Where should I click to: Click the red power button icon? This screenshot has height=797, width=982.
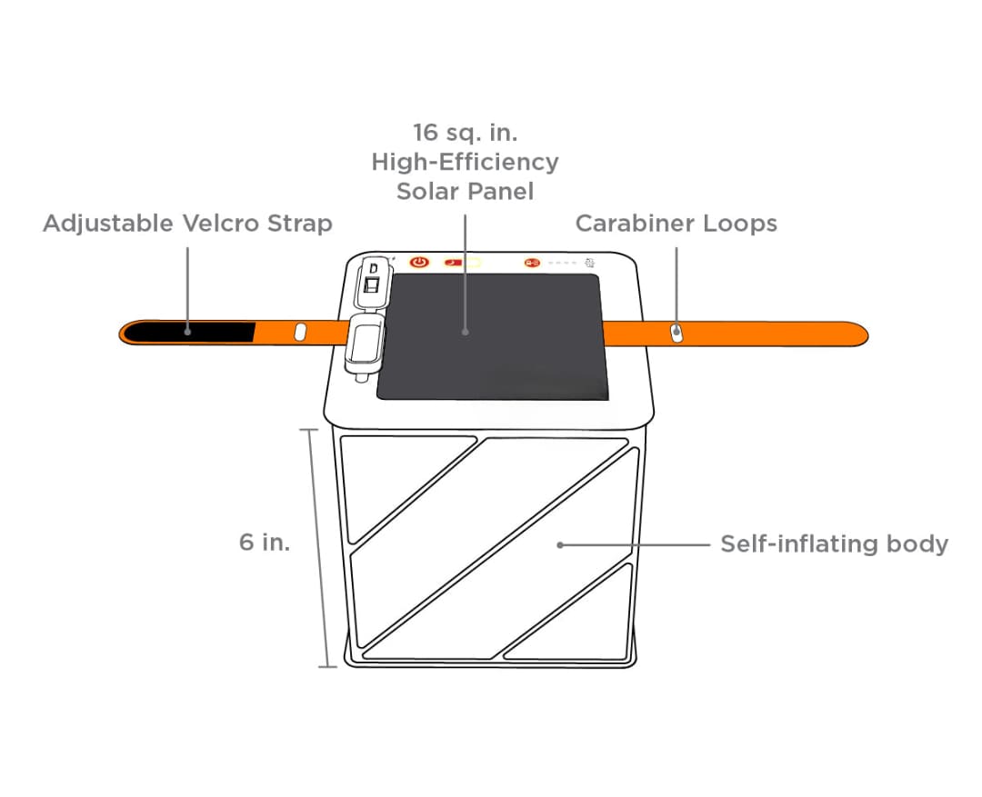pos(419,263)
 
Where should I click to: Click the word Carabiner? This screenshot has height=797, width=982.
pos(635,224)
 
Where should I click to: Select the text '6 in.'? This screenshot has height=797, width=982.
pos(265,543)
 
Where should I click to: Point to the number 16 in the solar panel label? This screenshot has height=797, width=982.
pos(426,133)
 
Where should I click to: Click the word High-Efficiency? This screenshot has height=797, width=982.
pos(465,163)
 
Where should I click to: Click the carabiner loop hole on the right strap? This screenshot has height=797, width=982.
pos(676,333)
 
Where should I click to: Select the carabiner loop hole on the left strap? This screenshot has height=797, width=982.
pos(300,332)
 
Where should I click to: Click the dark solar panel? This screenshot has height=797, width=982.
pos(492,336)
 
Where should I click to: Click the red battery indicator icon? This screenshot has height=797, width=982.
pos(532,263)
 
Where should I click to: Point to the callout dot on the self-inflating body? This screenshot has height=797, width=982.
pos(560,545)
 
